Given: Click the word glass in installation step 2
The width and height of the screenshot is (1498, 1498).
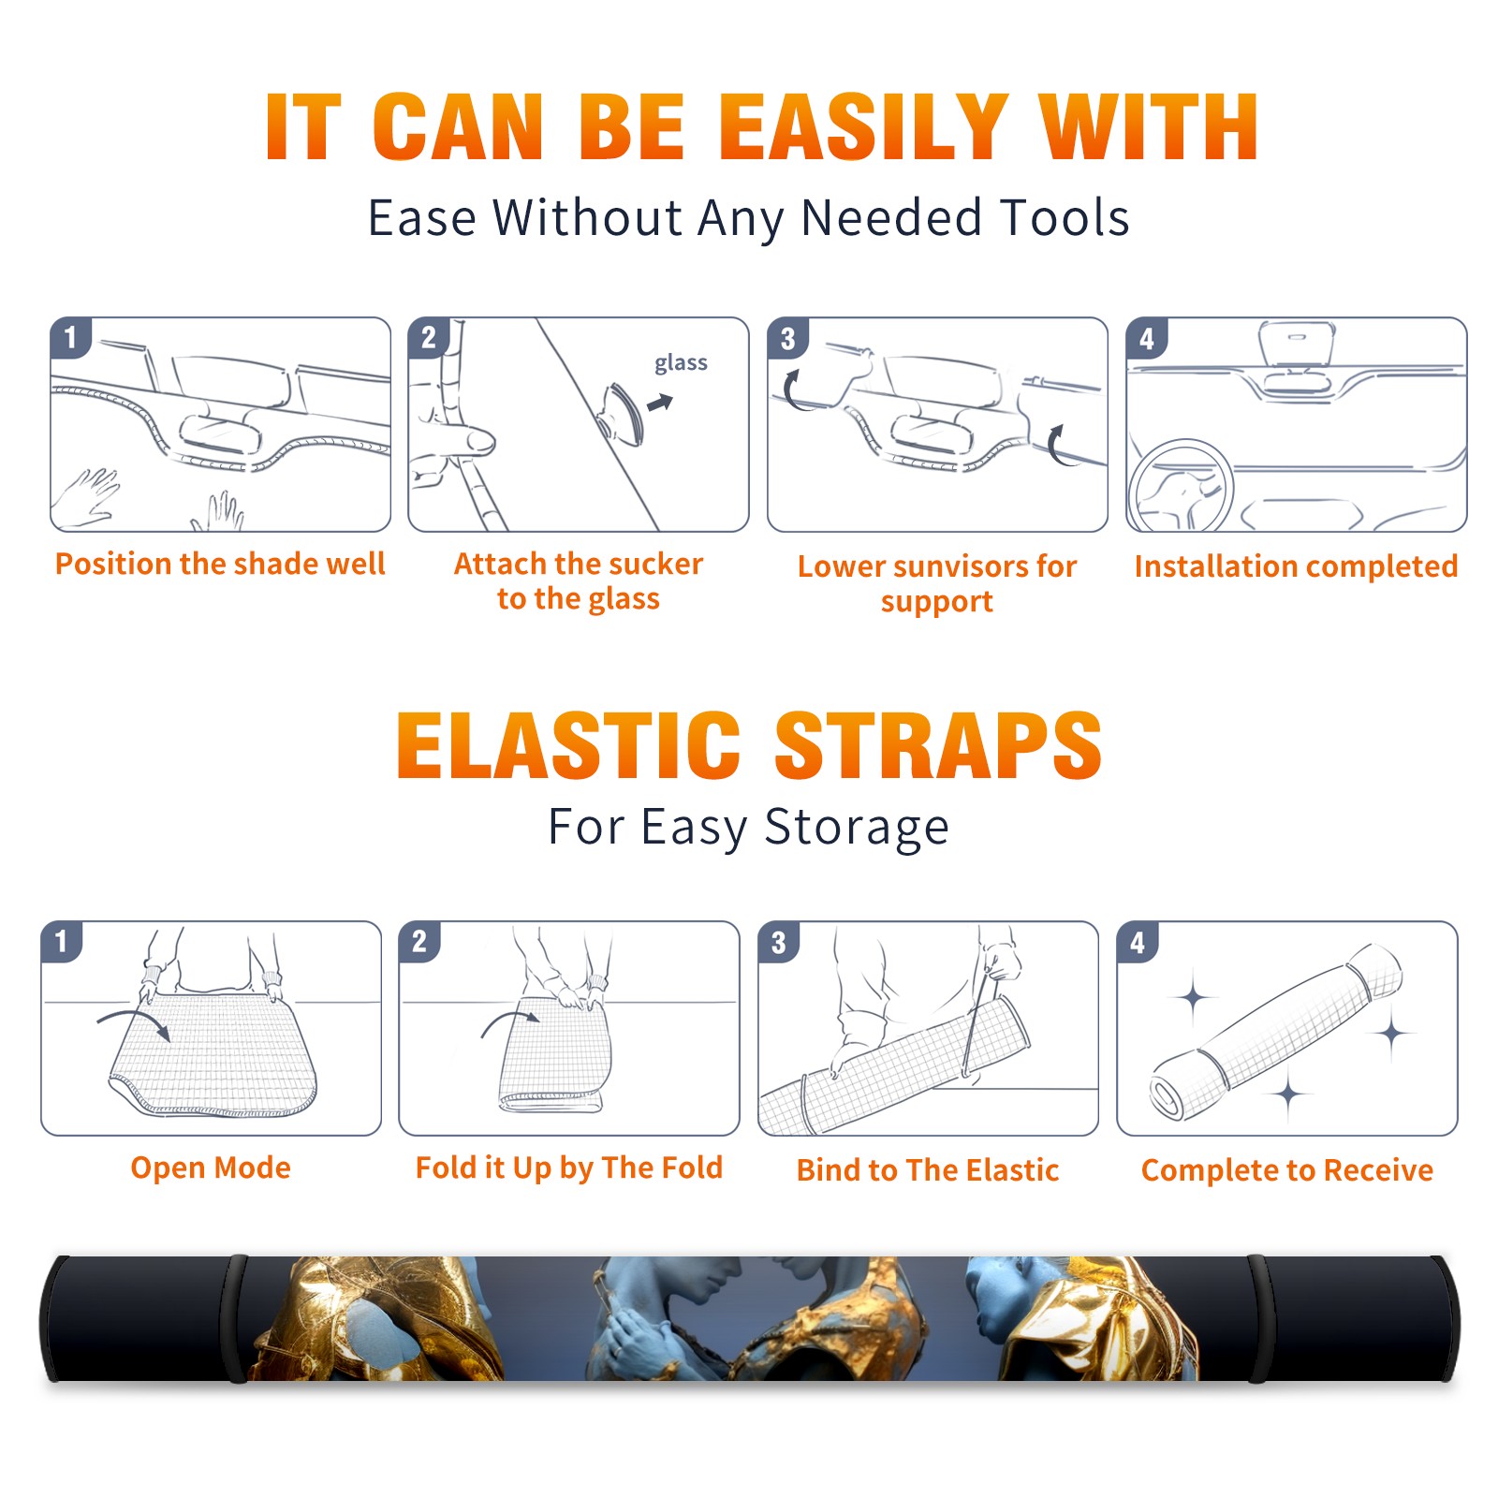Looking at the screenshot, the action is click(x=681, y=363).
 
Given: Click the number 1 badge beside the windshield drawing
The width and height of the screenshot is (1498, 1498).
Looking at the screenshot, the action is click(x=71, y=337).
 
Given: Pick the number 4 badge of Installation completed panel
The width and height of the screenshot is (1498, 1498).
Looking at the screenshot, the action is click(x=1147, y=337).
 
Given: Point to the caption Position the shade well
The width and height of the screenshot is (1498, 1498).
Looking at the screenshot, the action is click(x=220, y=564).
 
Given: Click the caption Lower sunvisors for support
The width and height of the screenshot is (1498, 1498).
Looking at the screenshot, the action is click(x=937, y=583).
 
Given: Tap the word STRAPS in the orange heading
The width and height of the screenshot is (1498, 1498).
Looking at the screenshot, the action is click(x=938, y=745).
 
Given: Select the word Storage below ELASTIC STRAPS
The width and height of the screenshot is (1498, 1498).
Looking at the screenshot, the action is click(x=857, y=828).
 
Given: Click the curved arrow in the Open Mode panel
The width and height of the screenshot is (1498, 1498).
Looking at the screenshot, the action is click(x=134, y=1022).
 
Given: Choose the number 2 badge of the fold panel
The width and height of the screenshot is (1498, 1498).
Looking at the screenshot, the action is click(x=419, y=941).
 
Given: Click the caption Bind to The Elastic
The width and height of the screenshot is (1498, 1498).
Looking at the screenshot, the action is click(x=928, y=1170).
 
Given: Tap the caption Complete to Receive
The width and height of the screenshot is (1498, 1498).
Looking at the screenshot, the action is click(x=1287, y=1170).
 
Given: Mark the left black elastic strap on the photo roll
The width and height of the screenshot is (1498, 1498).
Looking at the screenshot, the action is click(x=237, y=1318).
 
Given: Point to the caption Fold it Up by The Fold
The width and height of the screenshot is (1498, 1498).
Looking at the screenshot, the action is click(x=569, y=1168).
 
